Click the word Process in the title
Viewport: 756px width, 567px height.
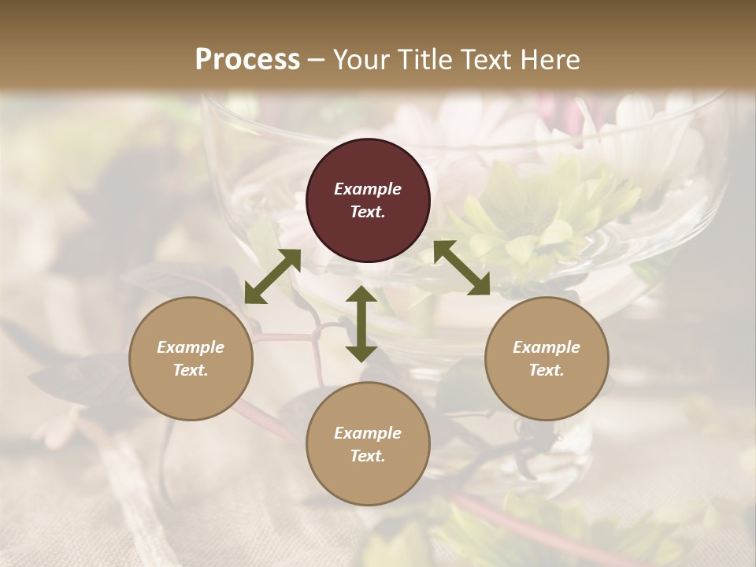pos(247,60)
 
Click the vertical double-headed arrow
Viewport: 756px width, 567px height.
pos(361,324)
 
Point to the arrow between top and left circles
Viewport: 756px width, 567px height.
pos(272,276)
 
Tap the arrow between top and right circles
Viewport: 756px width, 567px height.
pos(461,268)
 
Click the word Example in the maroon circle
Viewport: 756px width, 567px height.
pos(368,189)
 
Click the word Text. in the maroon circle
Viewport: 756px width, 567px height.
pos(368,212)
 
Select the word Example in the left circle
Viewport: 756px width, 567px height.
pos(191,347)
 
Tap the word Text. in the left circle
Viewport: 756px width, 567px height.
pos(191,370)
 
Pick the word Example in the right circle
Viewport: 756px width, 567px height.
pos(547,347)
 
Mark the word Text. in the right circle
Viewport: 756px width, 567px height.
pos(547,370)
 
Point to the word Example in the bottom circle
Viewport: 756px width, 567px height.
pos(368,433)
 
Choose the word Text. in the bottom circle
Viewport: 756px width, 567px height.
pos(368,456)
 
